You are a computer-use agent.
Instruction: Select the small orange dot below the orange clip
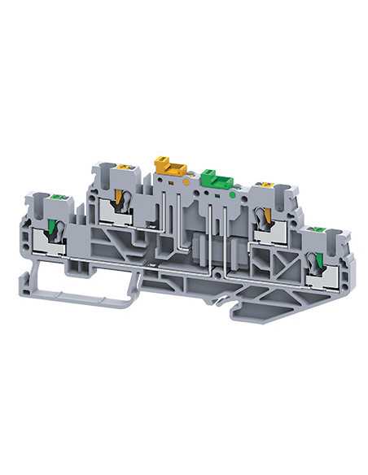point(189,182)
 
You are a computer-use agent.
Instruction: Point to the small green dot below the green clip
point(234,195)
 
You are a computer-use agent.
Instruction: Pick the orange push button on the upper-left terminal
point(123,169)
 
